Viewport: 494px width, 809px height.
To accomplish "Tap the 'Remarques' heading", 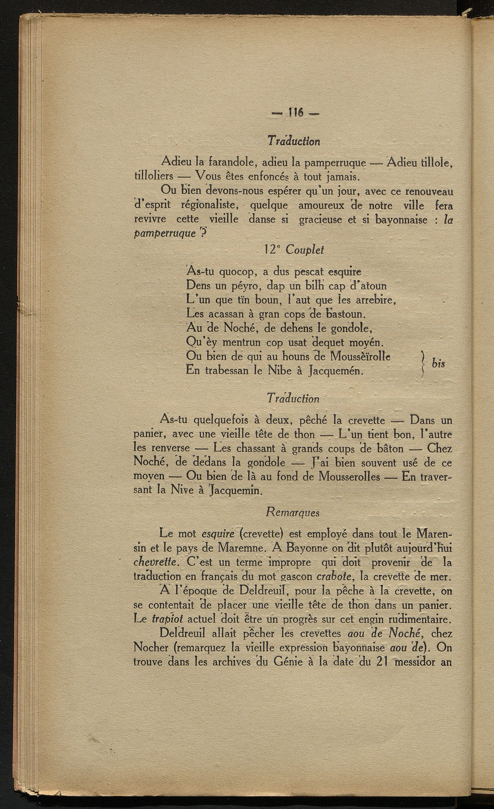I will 292,512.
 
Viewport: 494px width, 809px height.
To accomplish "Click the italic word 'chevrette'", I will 153,562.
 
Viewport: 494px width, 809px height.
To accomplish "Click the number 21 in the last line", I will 383,662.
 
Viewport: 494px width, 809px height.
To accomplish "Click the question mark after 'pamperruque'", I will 203,233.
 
